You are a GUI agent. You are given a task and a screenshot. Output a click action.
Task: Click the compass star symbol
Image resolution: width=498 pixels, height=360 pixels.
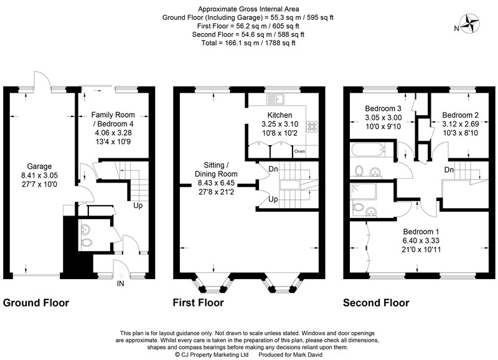[x=470, y=24]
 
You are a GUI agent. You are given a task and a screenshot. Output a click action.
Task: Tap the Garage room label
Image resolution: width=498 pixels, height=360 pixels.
[x=39, y=166]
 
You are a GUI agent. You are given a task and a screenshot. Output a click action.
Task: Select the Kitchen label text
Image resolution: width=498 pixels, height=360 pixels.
[x=280, y=115]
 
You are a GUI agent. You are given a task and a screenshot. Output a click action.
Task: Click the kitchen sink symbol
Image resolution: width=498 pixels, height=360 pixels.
[x=276, y=99]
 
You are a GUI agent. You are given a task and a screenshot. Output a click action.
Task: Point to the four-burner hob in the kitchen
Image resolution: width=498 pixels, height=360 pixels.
[x=312, y=126]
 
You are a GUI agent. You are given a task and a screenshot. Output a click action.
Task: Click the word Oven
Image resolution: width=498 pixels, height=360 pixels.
[x=300, y=151]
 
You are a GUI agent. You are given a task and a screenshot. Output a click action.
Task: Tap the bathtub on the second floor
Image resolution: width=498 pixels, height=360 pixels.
[x=367, y=149]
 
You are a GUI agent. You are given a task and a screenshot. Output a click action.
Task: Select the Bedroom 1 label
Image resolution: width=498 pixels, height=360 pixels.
[x=421, y=232]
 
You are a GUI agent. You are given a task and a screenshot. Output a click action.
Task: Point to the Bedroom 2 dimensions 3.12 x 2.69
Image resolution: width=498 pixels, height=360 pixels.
[x=461, y=124]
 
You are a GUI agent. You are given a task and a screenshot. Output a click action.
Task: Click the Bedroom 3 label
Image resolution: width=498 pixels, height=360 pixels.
[x=383, y=108]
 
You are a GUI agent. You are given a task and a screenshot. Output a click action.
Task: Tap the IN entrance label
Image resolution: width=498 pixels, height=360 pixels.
[x=120, y=283]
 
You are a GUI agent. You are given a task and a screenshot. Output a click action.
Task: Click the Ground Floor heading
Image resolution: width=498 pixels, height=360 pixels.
[x=36, y=303]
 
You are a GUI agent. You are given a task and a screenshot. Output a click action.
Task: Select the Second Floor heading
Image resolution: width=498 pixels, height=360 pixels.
[x=376, y=303]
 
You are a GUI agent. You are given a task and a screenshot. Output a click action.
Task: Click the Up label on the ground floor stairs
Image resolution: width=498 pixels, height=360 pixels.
[x=138, y=206]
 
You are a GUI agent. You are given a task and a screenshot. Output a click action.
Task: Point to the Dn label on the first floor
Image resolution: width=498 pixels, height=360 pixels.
[x=273, y=169]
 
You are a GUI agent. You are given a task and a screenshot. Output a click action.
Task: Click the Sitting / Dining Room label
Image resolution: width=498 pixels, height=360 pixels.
[x=216, y=169]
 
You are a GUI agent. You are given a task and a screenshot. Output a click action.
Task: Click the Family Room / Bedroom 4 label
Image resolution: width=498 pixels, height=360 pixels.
[x=113, y=119]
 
